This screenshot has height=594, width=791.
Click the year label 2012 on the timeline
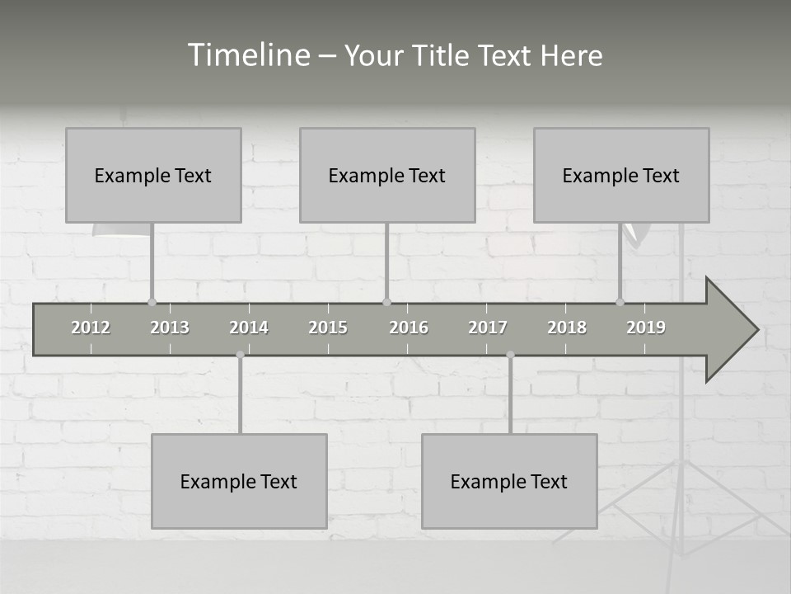pyautogui.click(x=91, y=328)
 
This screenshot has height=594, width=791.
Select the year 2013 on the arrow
pyautogui.click(x=170, y=328)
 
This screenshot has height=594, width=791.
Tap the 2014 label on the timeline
pyautogui.click(x=249, y=328)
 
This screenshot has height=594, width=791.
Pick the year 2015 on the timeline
pyautogui.click(x=328, y=328)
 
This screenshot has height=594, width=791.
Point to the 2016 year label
pyautogui.click(x=409, y=328)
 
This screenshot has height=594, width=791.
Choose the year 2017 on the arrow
pyautogui.click(x=488, y=328)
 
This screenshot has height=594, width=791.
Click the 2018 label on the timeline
pyautogui.click(x=567, y=328)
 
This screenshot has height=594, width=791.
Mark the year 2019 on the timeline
pyautogui.click(x=646, y=328)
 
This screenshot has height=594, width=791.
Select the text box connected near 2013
pyautogui.click(x=153, y=175)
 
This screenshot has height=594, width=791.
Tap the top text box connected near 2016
pyautogui.click(x=387, y=175)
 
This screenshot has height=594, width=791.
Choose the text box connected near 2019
pyautogui.click(x=621, y=175)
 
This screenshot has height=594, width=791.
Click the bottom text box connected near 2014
pyautogui.click(x=239, y=481)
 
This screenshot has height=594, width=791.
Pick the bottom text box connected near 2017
pyautogui.click(x=509, y=481)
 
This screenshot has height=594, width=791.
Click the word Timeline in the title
pyautogui.click(x=247, y=55)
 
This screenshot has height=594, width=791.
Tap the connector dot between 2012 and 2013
pyautogui.click(x=152, y=302)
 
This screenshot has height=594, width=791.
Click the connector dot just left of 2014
pyautogui.click(x=240, y=355)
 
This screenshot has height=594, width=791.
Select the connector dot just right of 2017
pyautogui.click(x=510, y=355)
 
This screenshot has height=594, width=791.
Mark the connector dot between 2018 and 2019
pyautogui.click(x=620, y=302)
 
